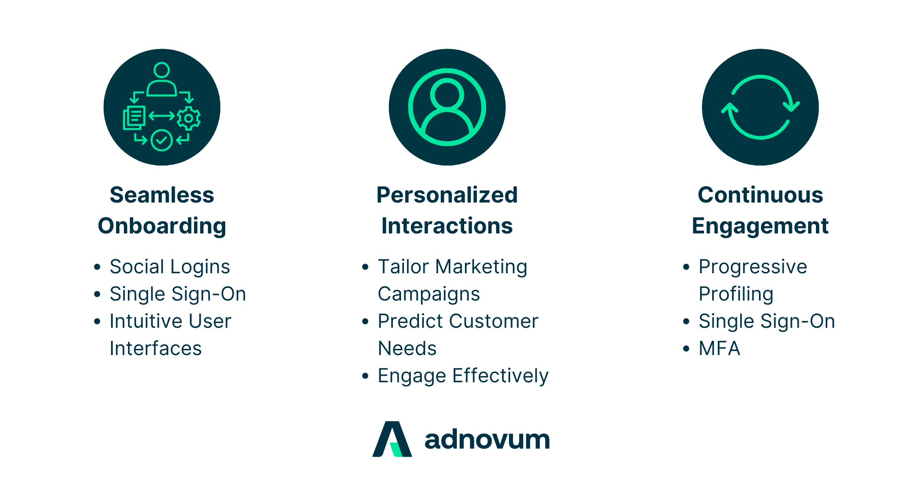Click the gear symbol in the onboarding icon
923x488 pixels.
coord(189,118)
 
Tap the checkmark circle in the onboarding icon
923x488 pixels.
coord(162,140)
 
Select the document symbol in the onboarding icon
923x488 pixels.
coord(134,118)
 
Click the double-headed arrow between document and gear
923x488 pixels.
coord(162,116)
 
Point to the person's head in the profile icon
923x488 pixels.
coord(447,94)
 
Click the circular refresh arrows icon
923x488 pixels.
coord(760,107)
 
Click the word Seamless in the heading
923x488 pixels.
coord(162,195)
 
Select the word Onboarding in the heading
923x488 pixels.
coord(162,226)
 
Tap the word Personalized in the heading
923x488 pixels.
coord(447,195)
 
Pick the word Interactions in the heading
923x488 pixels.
coord(447,226)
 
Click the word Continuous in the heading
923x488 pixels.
coord(760,195)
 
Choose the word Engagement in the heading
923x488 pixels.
coord(760,226)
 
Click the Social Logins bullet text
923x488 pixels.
coord(170,267)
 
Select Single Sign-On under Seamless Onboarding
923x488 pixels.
coord(178,294)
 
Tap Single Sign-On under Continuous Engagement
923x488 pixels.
coord(767,321)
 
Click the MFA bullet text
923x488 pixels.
coord(719,349)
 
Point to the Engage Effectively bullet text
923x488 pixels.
coord(463,376)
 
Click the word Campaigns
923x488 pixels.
coord(429,294)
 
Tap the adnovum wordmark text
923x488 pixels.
coord(487,440)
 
